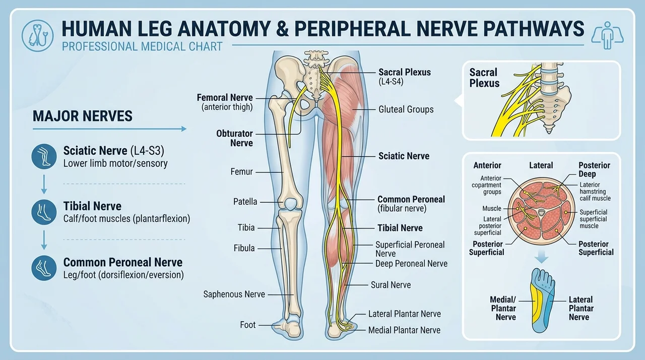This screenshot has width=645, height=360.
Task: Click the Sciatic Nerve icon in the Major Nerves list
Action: point(44,156)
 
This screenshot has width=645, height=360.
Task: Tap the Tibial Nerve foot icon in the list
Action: point(44,212)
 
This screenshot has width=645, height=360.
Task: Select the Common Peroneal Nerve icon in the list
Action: point(44,268)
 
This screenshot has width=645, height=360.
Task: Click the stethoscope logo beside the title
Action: point(37,36)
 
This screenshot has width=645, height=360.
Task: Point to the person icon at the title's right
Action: point(607,35)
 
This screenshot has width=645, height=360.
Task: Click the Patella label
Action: point(245,202)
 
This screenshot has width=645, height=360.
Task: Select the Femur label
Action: point(241,171)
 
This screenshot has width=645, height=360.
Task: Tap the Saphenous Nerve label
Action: point(234,294)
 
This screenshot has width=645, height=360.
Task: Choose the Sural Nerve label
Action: point(391,285)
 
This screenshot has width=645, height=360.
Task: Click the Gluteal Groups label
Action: point(406,109)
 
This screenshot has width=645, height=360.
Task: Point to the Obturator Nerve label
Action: point(235,138)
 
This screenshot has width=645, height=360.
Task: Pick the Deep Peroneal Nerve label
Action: point(411,264)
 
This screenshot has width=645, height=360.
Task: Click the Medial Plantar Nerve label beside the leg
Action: point(404,330)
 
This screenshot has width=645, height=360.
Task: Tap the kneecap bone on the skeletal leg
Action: point(291,204)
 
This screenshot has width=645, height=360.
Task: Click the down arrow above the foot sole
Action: point(542,257)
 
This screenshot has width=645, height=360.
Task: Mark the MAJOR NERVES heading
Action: point(83,116)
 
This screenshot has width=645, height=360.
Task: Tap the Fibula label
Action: point(244,248)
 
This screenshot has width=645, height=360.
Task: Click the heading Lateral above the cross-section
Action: point(541,165)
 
